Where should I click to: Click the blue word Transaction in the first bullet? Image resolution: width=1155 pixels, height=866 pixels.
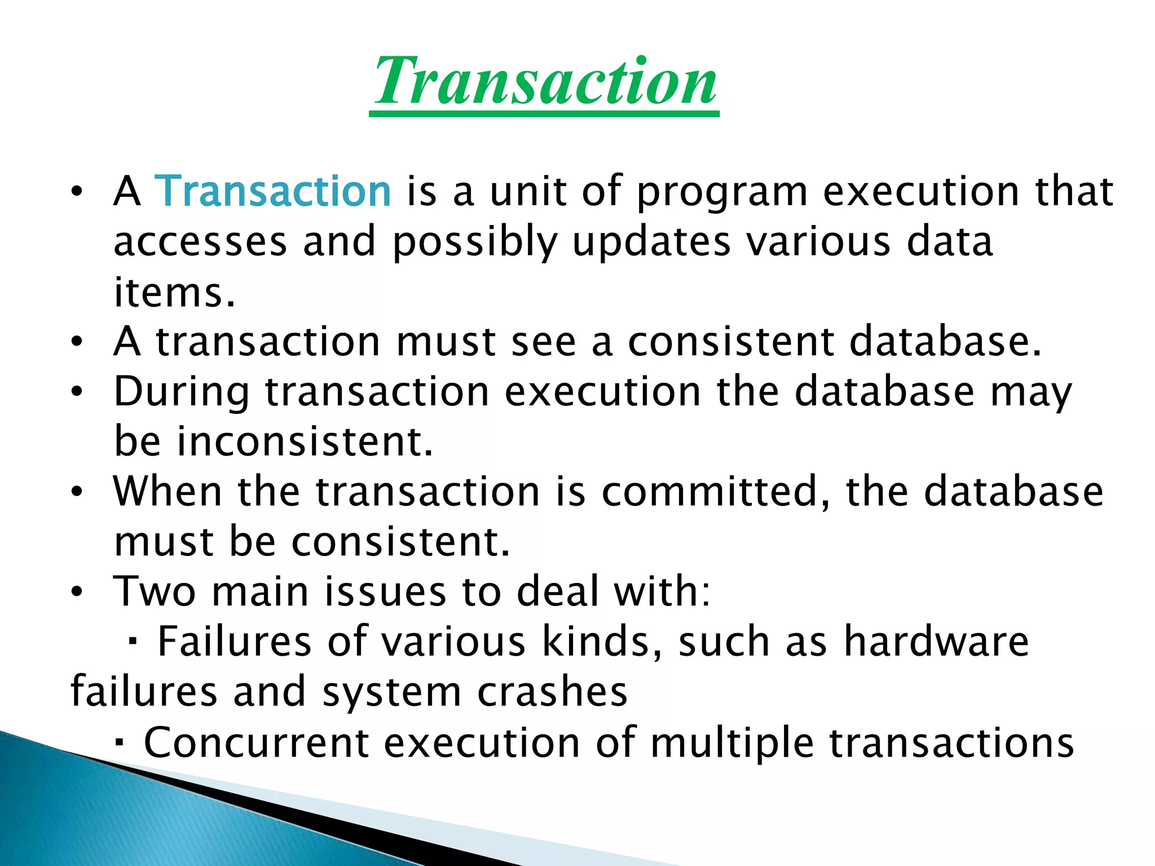tap(273, 191)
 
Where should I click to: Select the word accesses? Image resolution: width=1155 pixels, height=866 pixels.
tap(200, 242)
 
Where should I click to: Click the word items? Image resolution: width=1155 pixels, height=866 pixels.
tap(174, 292)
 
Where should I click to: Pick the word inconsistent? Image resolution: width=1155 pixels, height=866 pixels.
tap(305, 441)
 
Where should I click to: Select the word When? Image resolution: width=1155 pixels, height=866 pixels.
tap(167, 491)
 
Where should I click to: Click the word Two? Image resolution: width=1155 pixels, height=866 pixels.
tap(155, 591)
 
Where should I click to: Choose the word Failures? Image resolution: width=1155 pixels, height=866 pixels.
tap(234, 642)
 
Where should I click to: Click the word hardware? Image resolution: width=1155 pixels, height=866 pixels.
tap(936, 642)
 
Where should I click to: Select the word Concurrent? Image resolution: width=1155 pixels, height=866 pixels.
tap(257, 742)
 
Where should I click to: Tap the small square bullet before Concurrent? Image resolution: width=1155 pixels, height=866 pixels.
tap(119, 742)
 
